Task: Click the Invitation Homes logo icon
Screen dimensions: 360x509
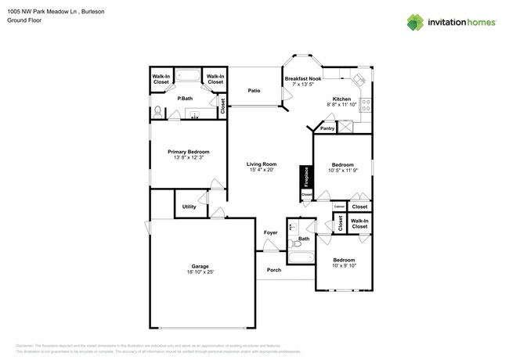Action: (x=415, y=22)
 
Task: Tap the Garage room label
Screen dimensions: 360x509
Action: (x=200, y=266)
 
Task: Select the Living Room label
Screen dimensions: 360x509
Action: (x=262, y=164)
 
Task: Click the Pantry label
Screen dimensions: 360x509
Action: (x=327, y=128)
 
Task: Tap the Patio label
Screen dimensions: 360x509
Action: (x=254, y=91)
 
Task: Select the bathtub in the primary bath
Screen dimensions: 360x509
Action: (x=188, y=77)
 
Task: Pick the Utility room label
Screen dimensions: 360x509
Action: (x=189, y=207)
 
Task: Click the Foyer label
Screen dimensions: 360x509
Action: (x=270, y=232)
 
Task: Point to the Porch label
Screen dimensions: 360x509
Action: (x=274, y=270)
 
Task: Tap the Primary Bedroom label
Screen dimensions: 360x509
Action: (x=188, y=152)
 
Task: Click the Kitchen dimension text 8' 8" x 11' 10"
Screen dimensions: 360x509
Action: (x=342, y=105)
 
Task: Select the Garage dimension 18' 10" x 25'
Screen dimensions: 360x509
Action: (x=200, y=272)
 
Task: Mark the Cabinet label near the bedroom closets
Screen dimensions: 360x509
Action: (x=339, y=207)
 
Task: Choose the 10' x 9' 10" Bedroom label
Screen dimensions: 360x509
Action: (x=343, y=260)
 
